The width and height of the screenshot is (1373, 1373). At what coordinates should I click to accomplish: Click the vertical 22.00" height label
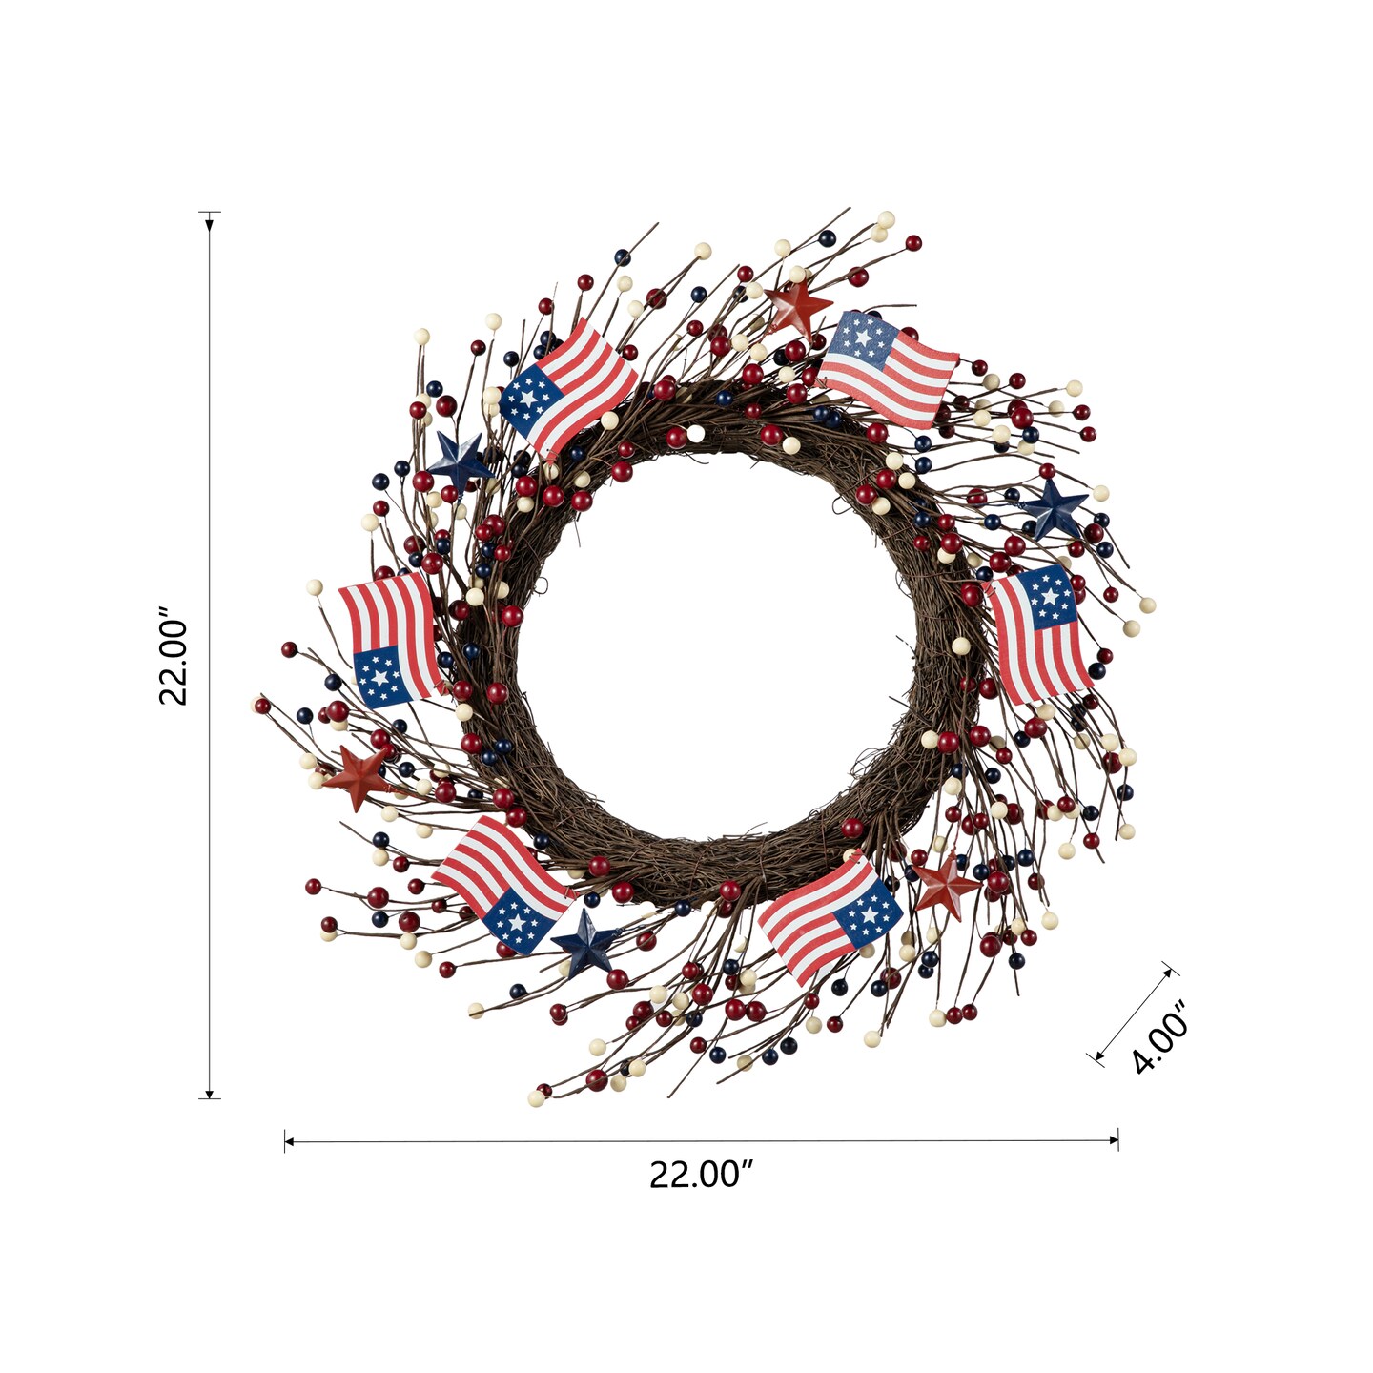[x=174, y=655]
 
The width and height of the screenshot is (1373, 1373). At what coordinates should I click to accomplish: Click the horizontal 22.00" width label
[x=701, y=1175]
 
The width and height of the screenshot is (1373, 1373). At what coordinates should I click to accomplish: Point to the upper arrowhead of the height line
[x=210, y=224]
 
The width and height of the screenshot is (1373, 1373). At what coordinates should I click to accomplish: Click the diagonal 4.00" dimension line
[x=1133, y=1014]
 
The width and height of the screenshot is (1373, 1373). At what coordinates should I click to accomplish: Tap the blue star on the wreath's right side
[x=1054, y=508]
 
